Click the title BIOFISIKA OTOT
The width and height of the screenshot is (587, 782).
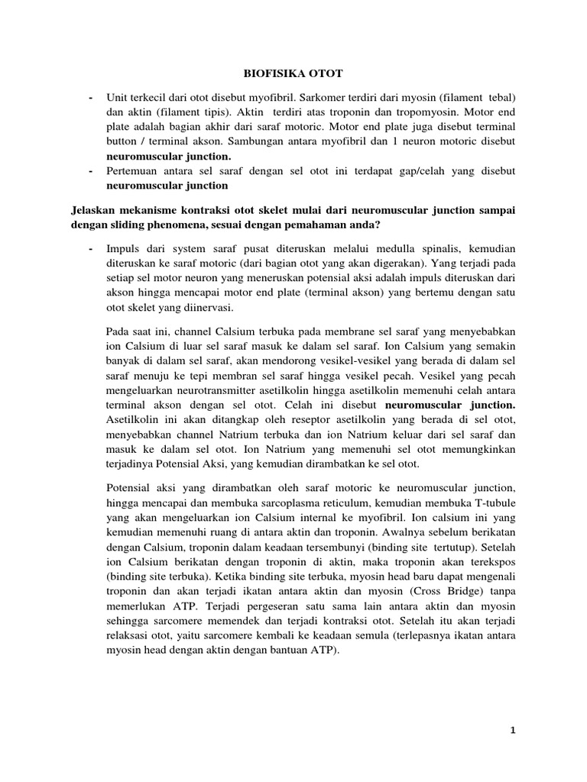pyautogui.click(x=293, y=73)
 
